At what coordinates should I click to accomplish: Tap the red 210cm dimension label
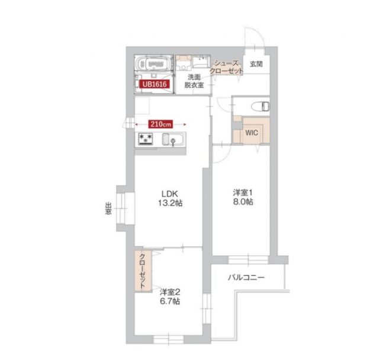point(160,124)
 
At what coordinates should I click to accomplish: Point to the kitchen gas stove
point(146,140)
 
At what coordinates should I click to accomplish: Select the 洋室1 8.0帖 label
point(243,197)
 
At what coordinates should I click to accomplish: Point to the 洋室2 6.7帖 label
point(170,296)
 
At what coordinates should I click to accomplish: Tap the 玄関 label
point(256,64)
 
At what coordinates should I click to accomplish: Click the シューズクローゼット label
point(227,67)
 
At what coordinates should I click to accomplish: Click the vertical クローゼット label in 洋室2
point(143,269)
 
